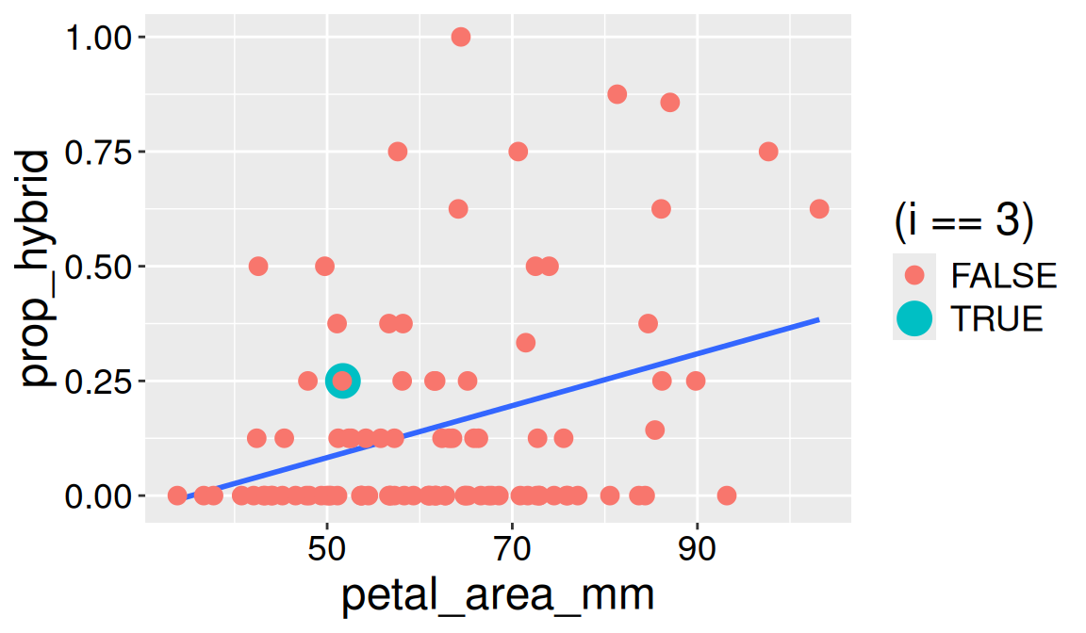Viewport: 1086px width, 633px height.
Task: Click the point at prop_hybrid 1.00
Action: pos(461,37)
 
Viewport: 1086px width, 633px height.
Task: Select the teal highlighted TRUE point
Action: pos(343,381)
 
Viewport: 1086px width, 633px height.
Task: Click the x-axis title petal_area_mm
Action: pos(498,597)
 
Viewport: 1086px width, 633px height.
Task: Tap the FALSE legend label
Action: pos(1004,275)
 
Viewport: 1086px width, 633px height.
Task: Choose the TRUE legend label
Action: pos(997,319)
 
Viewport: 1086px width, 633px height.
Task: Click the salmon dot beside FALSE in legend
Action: pos(913,275)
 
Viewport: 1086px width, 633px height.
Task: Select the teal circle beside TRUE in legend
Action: pos(913,319)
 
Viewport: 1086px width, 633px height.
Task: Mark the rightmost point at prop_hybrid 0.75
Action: pos(768,152)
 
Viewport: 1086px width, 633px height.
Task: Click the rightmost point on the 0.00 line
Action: pos(726,495)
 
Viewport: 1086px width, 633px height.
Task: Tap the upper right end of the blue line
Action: pos(817,320)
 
